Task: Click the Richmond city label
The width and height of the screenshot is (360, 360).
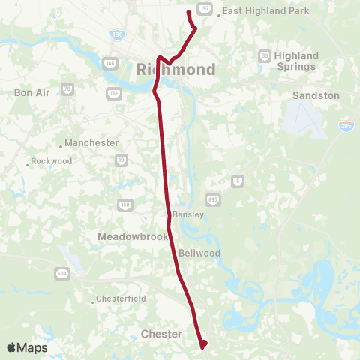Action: tap(176, 70)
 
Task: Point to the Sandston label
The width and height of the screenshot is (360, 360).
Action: tap(316, 96)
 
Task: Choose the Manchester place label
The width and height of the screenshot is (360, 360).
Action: tap(91, 142)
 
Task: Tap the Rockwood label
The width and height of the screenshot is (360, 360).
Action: tap(51, 161)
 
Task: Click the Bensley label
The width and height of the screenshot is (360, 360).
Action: tap(188, 215)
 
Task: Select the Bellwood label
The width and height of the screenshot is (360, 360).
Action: tap(199, 253)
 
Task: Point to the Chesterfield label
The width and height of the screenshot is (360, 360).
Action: tap(120, 300)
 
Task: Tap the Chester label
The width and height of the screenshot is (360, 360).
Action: tap(161, 334)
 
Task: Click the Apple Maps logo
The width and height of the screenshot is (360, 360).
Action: tap(27, 348)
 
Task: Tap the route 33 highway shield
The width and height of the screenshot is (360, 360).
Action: tap(264, 55)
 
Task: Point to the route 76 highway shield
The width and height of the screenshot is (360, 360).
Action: tap(68, 89)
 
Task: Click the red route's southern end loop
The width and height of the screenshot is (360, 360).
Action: tap(203, 344)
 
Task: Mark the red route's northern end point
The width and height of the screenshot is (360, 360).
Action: tap(188, 13)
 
